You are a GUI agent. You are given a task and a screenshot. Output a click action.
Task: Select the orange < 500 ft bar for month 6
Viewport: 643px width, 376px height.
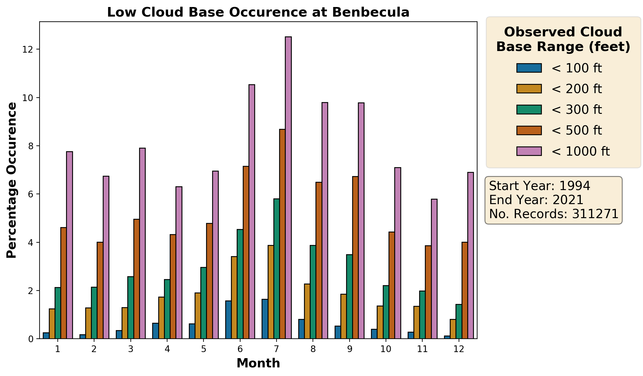[246, 252]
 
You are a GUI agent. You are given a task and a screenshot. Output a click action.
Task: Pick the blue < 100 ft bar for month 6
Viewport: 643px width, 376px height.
[228, 320]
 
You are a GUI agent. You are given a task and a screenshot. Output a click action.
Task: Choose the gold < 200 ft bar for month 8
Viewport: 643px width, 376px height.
[307, 311]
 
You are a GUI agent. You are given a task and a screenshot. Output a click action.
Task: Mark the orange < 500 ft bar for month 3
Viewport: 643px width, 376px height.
[137, 279]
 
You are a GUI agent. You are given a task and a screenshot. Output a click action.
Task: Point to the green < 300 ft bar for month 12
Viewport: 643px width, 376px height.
[459, 321]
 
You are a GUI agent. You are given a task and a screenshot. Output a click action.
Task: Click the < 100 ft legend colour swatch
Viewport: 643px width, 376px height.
[529, 68]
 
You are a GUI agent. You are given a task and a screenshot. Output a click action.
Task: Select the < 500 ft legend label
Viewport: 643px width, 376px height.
[576, 130]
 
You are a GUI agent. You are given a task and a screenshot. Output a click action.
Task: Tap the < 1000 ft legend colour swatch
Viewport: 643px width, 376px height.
[529, 151]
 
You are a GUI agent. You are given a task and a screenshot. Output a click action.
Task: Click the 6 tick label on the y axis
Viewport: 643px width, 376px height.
[31, 194]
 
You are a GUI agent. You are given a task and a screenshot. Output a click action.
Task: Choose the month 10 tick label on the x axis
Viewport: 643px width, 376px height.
[386, 349]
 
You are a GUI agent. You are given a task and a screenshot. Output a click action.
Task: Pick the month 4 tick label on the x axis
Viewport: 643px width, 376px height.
[167, 349]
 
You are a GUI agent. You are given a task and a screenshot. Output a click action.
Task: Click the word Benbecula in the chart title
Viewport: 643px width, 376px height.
[371, 12]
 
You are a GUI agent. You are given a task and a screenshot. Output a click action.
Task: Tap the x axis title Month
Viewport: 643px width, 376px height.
[258, 364]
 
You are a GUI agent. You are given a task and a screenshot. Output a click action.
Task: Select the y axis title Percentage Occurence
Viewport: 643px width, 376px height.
[12, 180]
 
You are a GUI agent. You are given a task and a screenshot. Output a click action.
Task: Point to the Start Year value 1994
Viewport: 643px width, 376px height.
[574, 186]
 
